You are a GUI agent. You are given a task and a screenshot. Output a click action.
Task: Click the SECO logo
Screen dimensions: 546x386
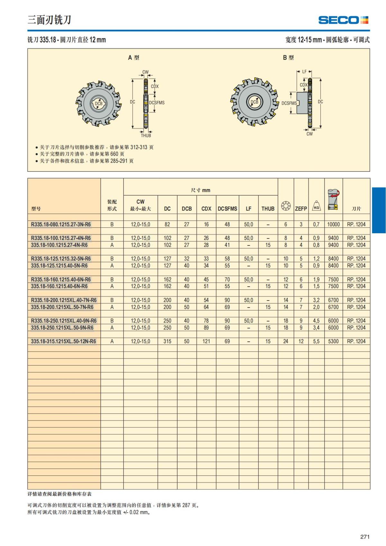[x=343, y=20]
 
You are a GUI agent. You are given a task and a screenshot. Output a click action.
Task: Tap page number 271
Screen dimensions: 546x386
[x=365, y=537]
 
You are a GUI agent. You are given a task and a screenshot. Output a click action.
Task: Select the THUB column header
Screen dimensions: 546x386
[x=268, y=208]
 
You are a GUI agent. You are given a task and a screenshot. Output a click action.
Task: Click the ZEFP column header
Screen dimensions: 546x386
[x=301, y=208]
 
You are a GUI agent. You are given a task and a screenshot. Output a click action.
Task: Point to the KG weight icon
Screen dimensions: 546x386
[x=317, y=206]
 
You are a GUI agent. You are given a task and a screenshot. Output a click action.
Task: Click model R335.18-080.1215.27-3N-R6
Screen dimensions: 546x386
[x=61, y=224]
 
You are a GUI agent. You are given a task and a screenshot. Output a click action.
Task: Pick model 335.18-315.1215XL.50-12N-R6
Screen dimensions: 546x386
[x=63, y=341]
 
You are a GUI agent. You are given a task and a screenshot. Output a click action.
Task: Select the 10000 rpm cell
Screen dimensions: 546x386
[x=333, y=224]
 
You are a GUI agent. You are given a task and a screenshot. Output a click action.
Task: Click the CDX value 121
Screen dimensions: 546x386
[x=206, y=341]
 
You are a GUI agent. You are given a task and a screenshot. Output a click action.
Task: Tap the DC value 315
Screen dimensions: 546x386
[x=167, y=341]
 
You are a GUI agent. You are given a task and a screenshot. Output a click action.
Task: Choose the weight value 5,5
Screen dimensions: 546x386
[x=316, y=341]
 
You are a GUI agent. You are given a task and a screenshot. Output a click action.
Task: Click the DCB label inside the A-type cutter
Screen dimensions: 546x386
[x=98, y=103]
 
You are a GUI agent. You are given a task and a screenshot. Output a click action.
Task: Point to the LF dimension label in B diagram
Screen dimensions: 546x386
[x=304, y=72]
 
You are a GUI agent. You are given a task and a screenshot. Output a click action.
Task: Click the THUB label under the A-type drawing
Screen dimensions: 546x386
[x=146, y=135]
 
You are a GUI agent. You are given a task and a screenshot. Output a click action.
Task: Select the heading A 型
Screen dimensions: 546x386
[x=133, y=58]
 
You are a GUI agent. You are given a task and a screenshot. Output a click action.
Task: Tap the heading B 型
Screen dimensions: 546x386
[x=288, y=58]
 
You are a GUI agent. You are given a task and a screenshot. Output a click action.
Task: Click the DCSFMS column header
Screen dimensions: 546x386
[x=227, y=208]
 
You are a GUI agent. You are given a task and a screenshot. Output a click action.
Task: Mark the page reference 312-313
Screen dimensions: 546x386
[x=139, y=147]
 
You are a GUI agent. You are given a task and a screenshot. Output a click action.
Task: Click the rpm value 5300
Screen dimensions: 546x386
[x=333, y=341]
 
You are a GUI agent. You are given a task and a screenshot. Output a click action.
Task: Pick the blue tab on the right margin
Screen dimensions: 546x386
[x=379, y=210]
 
